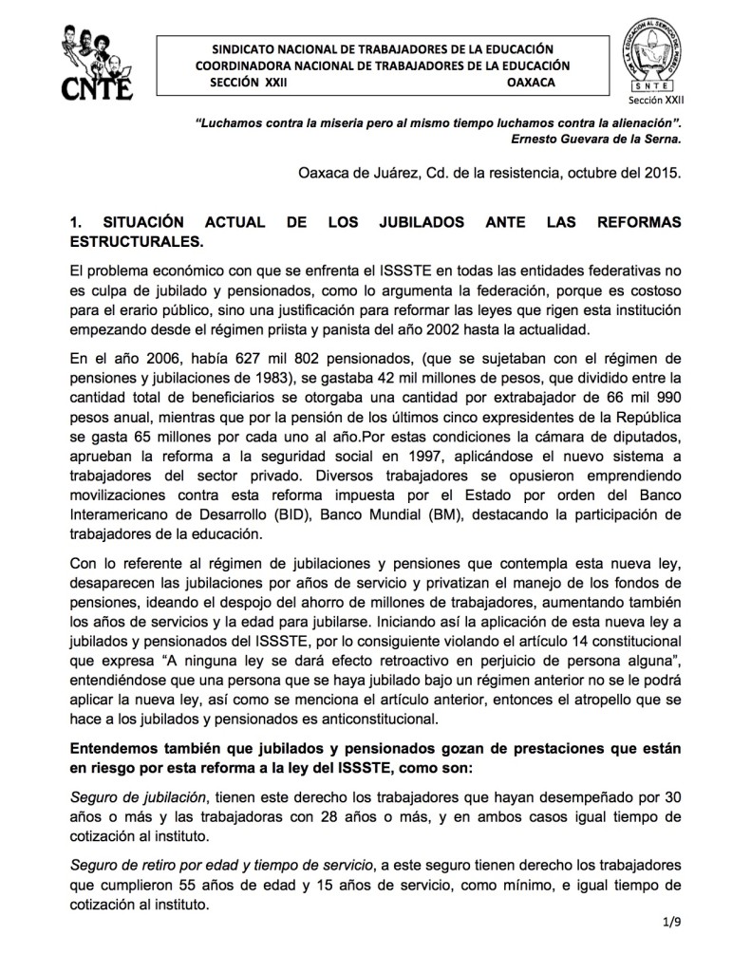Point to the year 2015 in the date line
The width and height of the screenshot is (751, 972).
click(x=666, y=174)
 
